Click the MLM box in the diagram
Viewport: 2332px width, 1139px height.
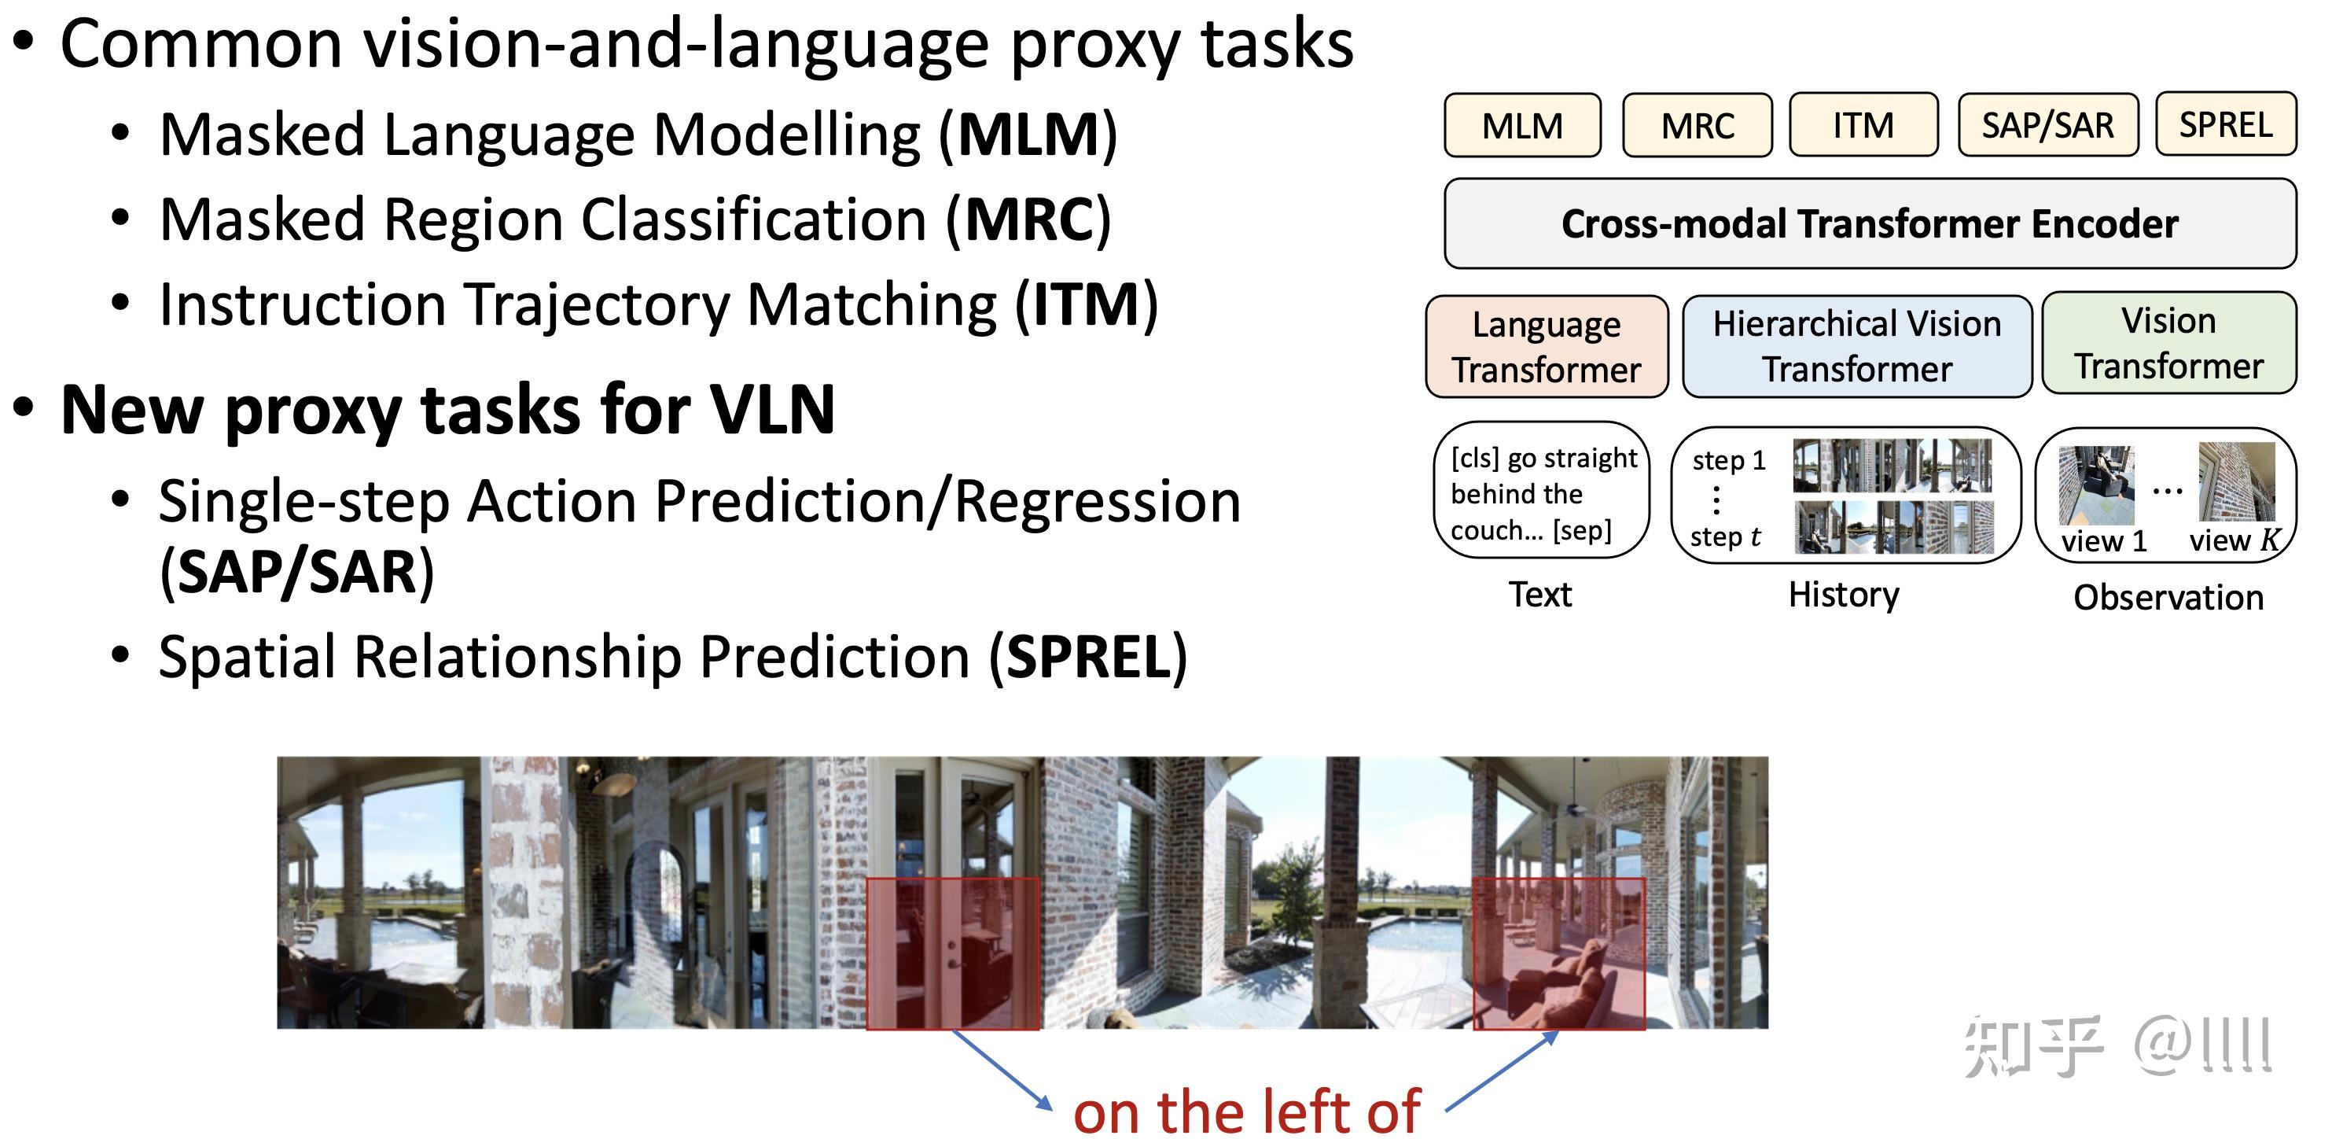coord(1521,125)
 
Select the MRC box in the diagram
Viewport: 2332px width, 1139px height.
coord(1697,125)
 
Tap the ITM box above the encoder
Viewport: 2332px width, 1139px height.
coord(1863,124)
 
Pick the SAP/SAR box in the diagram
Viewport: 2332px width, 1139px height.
coord(2047,124)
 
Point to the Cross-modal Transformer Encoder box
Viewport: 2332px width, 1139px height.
coord(1870,223)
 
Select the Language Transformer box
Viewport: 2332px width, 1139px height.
coord(1547,347)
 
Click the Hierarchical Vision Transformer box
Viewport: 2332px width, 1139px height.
coord(1857,346)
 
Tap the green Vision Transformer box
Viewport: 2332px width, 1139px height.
coord(2168,343)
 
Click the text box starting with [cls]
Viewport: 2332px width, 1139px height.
coord(1542,492)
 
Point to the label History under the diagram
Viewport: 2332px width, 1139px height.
coord(1843,595)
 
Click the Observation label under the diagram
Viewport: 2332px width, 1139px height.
coord(2168,598)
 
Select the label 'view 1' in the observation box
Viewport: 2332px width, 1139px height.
coord(2103,541)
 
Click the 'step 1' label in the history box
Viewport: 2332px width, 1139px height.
coord(1728,460)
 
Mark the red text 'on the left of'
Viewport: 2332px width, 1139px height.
coord(1245,1110)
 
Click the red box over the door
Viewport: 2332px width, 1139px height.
coord(952,953)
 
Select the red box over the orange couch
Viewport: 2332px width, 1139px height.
coord(1558,953)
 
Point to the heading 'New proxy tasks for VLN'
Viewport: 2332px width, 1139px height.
coord(447,410)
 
